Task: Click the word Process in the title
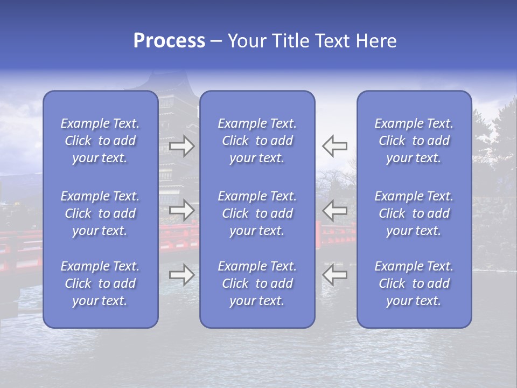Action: click(x=169, y=41)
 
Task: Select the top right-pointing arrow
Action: click(x=181, y=145)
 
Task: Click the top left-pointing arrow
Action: click(x=334, y=145)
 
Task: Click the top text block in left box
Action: click(x=100, y=141)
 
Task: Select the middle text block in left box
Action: click(x=100, y=213)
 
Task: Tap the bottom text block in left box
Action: click(x=100, y=283)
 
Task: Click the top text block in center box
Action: click(x=257, y=141)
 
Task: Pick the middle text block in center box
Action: click(x=257, y=213)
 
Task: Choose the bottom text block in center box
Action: click(x=257, y=283)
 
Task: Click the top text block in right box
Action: click(x=414, y=141)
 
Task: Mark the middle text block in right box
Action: click(x=414, y=213)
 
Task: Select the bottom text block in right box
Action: click(x=414, y=283)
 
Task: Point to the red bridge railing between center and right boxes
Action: click(x=336, y=237)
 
